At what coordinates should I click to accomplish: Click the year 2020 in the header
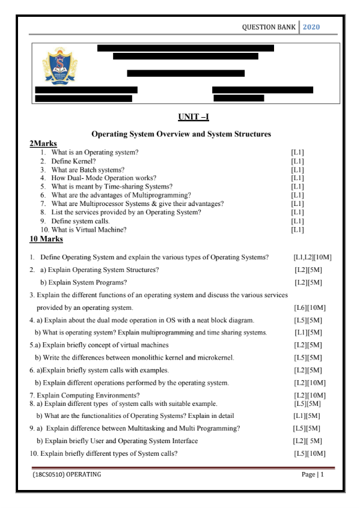click(x=312, y=27)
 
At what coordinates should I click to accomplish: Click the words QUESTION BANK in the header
click(x=269, y=27)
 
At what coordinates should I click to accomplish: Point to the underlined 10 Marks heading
click(x=46, y=238)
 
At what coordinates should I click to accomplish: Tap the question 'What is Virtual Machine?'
click(x=89, y=229)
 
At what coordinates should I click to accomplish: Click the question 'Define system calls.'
click(x=81, y=220)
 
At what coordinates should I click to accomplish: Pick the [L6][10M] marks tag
click(x=310, y=308)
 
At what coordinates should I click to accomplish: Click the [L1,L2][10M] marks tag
click(x=313, y=258)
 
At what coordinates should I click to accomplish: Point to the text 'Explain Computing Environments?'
click(x=88, y=395)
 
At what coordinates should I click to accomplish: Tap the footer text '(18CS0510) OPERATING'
click(x=67, y=475)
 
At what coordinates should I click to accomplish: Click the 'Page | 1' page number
click(x=313, y=475)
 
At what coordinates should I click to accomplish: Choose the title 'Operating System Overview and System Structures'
click(x=180, y=134)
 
